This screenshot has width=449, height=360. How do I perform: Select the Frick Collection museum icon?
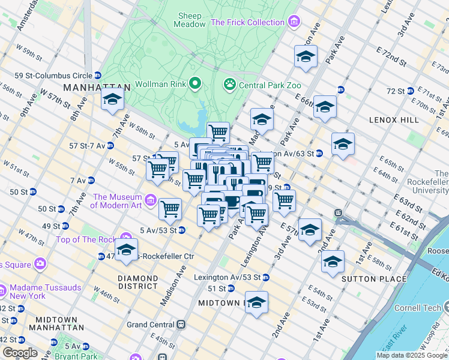pyautogui.click(x=294, y=23)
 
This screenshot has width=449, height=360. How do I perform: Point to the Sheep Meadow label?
pyautogui.click(x=189, y=20)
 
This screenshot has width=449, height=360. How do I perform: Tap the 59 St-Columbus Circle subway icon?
pyautogui.click(x=97, y=76)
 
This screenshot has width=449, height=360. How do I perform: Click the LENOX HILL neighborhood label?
pyautogui.click(x=395, y=120)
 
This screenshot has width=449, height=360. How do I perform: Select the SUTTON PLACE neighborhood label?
pyautogui.click(x=366, y=279)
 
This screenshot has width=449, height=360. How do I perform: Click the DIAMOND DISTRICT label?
pyautogui.click(x=138, y=282)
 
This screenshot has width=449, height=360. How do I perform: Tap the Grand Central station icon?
pyautogui.click(x=181, y=325)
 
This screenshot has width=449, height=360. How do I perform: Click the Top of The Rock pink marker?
pyautogui.click(x=125, y=239)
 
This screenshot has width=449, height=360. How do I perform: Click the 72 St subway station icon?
pyautogui.click(x=411, y=91)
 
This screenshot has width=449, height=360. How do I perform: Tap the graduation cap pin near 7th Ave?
pyautogui.click(x=112, y=100)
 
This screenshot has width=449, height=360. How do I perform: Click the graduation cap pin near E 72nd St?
pyautogui.click(x=306, y=57)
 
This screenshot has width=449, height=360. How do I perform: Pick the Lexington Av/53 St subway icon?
pyautogui.click(x=266, y=278)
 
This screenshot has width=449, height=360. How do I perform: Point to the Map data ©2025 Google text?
pyautogui.click(x=412, y=355)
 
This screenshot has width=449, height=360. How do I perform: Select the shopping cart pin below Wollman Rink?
pyautogui.click(x=218, y=131)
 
